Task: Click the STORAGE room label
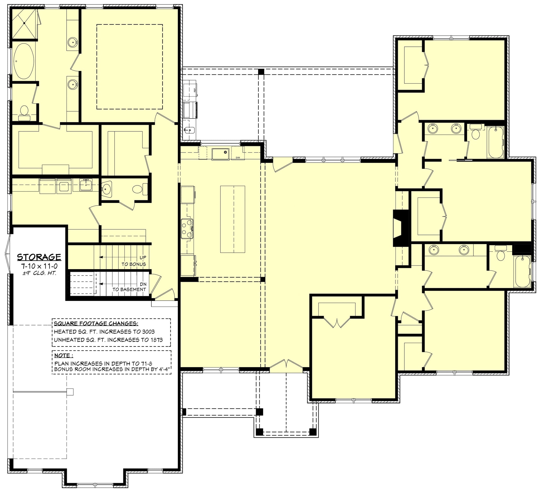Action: [x=39, y=257]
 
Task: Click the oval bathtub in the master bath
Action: [x=24, y=61]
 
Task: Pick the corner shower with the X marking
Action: [x=24, y=24]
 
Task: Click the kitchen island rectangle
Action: [x=232, y=219]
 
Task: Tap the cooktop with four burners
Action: [x=187, y=229]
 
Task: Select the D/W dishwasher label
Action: [x=238, y=158]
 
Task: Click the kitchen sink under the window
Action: [x=220, y=154]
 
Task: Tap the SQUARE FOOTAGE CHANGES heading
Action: [x=96, y=323]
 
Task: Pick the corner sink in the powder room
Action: [x=106, y=189]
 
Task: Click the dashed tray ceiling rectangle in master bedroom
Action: [x=129, y=67]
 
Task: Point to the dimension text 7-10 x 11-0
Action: [x=39, y=267]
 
